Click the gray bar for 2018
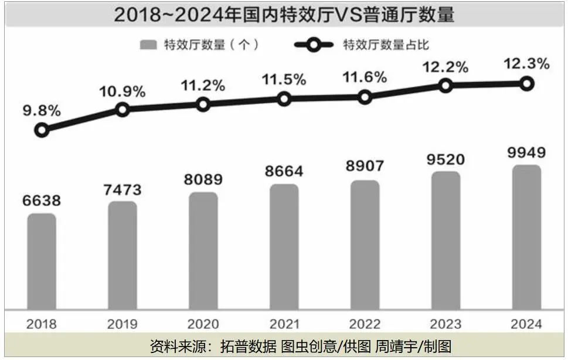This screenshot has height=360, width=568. click(x=42, y=262)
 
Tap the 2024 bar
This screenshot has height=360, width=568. click(x=526, y=238)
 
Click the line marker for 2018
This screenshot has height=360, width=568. click(x=42, y=130)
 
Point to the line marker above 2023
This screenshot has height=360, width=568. click(x=445, y=86)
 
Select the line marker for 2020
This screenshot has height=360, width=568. click(x=203, y=104)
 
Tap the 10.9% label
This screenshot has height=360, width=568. click(x=123, y=91)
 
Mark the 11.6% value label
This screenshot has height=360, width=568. click(x=365, y=77)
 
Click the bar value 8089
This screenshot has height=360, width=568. click(x=203, y=179)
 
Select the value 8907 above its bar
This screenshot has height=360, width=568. click(x=365, y=167)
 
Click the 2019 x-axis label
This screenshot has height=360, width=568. click(x=123, y=324)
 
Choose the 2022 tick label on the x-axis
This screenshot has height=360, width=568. click(x=365, y=324)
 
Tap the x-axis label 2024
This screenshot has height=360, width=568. click(x=526, y=324)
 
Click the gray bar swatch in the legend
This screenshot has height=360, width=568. click(x=149, y=45)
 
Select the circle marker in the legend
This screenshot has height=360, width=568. click(x=315, y=45)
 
